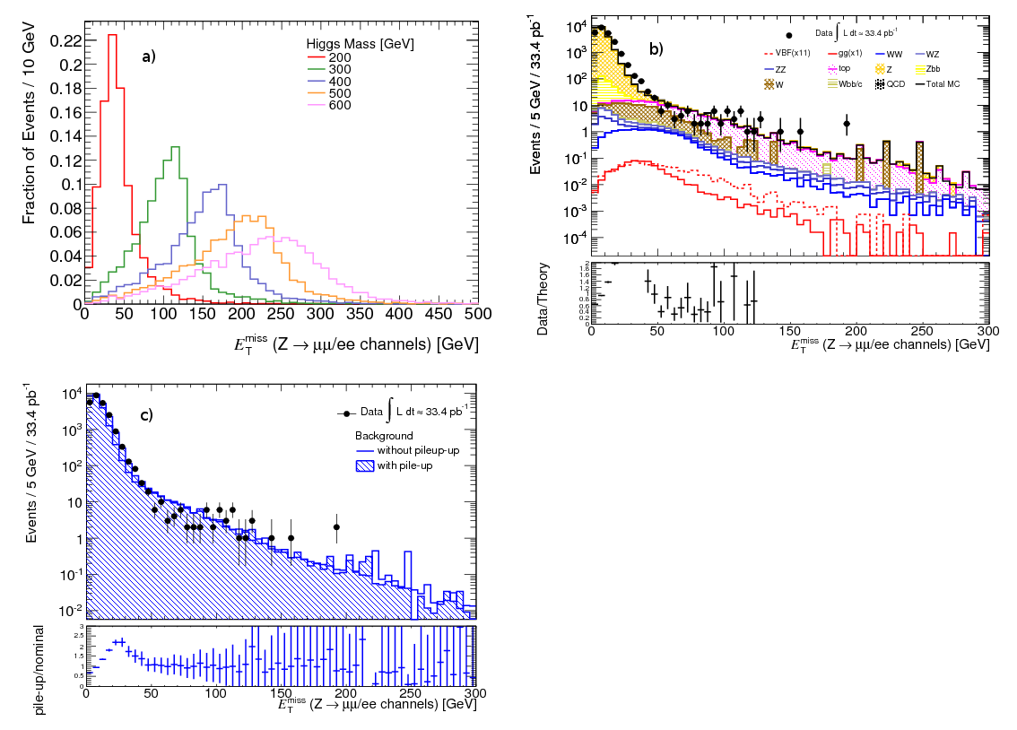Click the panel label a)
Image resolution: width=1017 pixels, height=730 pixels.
(x=149, y=56)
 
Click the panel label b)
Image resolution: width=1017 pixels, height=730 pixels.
(x=656, y=49)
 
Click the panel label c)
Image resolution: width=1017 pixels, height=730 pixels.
(x=146, y=414)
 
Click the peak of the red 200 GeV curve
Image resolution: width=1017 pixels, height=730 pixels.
(x=113, y=35)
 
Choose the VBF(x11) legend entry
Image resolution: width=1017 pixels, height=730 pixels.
(x=793, y=53)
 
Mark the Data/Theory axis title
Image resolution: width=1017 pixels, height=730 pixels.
(x=543, y=300)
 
